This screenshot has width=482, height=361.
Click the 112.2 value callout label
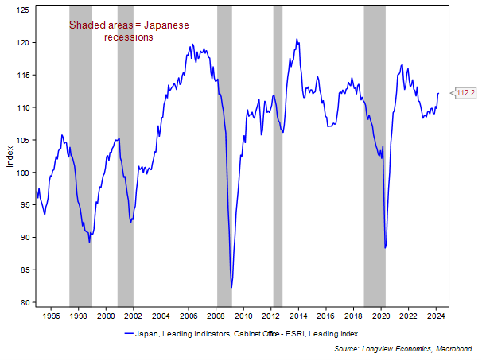coord(465,93)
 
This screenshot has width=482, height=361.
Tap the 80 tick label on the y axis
coord(25,302)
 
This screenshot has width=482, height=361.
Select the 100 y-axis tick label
coord(23,173)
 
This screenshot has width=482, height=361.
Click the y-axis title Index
coord(10,157)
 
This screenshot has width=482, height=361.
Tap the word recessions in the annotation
coord(129,37)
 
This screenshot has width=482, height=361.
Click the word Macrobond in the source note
coord(454,348)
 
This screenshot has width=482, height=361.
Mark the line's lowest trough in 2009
coord(231,287)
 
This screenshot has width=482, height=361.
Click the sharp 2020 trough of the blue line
coord(385,247)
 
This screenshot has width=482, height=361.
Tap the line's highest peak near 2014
coord(297,40)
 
